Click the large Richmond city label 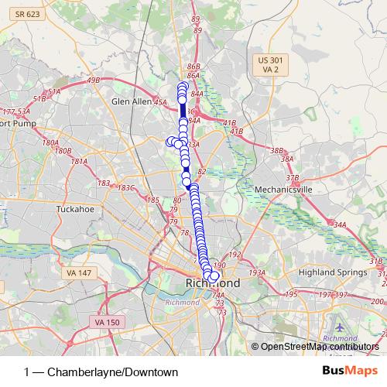click(x=213, y=285)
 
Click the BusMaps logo click(x=352, y=371)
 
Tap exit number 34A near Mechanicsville click(x=339, y=224)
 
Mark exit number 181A click(x=79, y=161)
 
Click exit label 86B click(x=193, y=67)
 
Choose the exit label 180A click(x=50, y=143)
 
